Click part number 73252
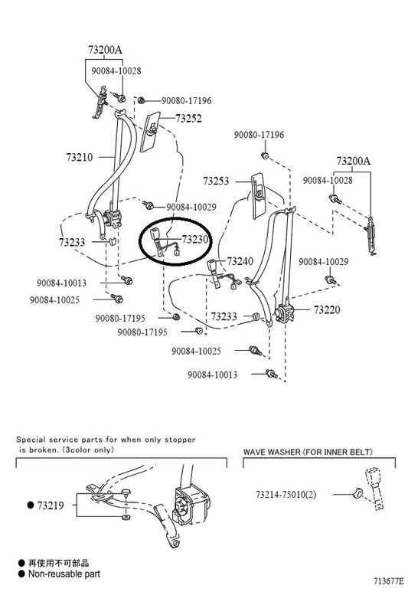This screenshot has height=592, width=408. pos(188,119)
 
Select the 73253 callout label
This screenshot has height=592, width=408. pos(216,182)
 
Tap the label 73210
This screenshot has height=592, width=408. pos(80,157)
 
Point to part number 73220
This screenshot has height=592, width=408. pos(327,310)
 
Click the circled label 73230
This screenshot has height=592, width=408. pos(194,240)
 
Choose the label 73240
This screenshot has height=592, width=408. pos(240,261)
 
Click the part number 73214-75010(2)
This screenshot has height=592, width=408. pos(286,494)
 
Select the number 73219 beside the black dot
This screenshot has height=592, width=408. pos(51,505)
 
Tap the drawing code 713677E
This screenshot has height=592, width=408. pos(389,581)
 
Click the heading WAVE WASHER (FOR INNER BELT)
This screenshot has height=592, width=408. pos(308,452)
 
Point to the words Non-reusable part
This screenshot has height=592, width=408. pos(64,574)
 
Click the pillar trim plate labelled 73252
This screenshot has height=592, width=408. pos(150,132)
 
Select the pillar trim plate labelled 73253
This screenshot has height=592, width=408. pos(259,195)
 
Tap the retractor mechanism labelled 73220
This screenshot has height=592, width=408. pos(286,313)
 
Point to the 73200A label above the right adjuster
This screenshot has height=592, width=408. pos(354,162)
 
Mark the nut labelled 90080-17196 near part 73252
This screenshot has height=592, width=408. pos(142,100)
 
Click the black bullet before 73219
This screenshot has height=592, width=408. pos(31,505)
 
